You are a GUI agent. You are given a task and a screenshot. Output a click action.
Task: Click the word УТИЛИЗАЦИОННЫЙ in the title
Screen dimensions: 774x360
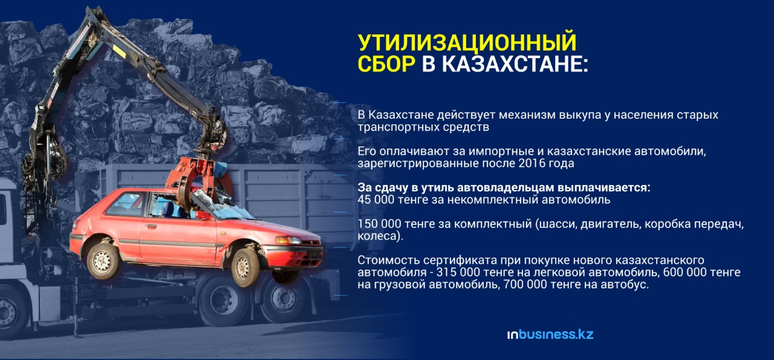(x=467, y=42)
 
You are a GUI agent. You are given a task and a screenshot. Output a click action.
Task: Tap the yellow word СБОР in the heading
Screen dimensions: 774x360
(x=386, y=64)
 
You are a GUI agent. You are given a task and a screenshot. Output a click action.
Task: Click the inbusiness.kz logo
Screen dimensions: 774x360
(x=550, y=335)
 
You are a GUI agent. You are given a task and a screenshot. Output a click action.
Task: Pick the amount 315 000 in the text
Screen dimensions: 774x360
(x=458, y=272)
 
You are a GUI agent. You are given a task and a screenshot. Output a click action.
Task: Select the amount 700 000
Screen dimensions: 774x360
(x=525, y=284)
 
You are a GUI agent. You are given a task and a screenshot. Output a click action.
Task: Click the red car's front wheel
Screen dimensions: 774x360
(x=246, y=267)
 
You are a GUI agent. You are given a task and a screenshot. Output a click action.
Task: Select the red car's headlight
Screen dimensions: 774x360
(x=288, y=240)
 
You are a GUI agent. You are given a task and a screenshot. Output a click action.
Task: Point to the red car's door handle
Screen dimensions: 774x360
(x=151, y=226)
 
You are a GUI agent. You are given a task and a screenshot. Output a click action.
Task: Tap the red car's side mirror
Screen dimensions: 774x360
(x=204, y=215)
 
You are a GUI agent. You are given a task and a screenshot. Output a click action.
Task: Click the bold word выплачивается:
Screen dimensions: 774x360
(x=604, y=188)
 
